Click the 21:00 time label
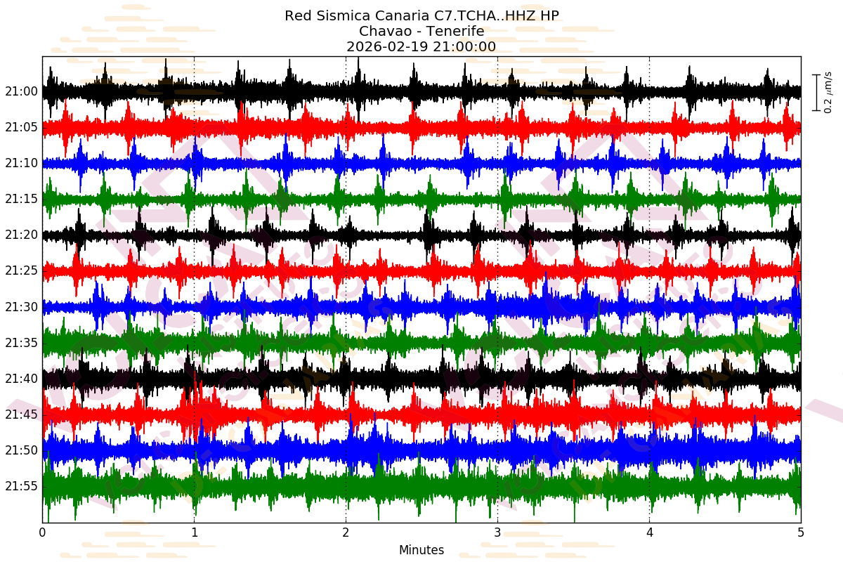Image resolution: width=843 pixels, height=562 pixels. click(x=21, y=91)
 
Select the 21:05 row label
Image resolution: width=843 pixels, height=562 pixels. click(x=21, y=127)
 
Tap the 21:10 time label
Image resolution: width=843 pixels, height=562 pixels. click(x=21, y=163)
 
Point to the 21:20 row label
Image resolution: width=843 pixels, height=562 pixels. click(x=21, y=235)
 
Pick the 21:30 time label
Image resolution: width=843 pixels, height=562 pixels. click(x=21, y=307)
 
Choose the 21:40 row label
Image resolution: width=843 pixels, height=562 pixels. click(x=21, y=379)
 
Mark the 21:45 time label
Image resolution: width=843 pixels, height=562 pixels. click(x=21, y=414)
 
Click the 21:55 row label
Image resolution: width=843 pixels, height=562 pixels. click(x=21, y=486)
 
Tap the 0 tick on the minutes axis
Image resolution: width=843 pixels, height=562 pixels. click(x=43, y=532)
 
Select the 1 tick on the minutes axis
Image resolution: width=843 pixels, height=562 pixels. click(x=195, y=532)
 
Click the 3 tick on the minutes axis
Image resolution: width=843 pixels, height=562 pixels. click(x=497, y=532)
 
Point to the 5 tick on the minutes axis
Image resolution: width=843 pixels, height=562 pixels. click(x=801, y=532)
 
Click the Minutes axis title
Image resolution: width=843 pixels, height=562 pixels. click(x=421, y=550)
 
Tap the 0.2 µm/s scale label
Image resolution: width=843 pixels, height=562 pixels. click(x=828, y=92)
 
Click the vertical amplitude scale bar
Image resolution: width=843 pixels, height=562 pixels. click(x=816, y=92)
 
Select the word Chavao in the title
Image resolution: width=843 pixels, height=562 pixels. click(x=384, y=32)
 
